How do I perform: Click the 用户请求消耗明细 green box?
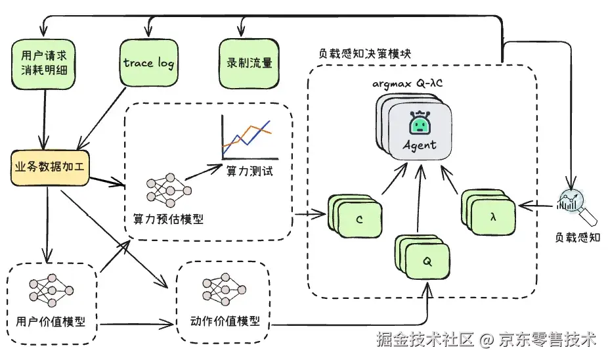click(x=45, y=63)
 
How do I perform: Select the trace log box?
click(x=148, y=64)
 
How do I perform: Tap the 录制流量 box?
click(x=245, y=64)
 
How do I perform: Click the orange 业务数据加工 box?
click(x=50, y=169)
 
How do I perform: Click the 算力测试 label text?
click(x=249, y=171)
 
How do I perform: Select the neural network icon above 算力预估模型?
click(x=168, y=189)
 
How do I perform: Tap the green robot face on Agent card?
click(x=418, y=123)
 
